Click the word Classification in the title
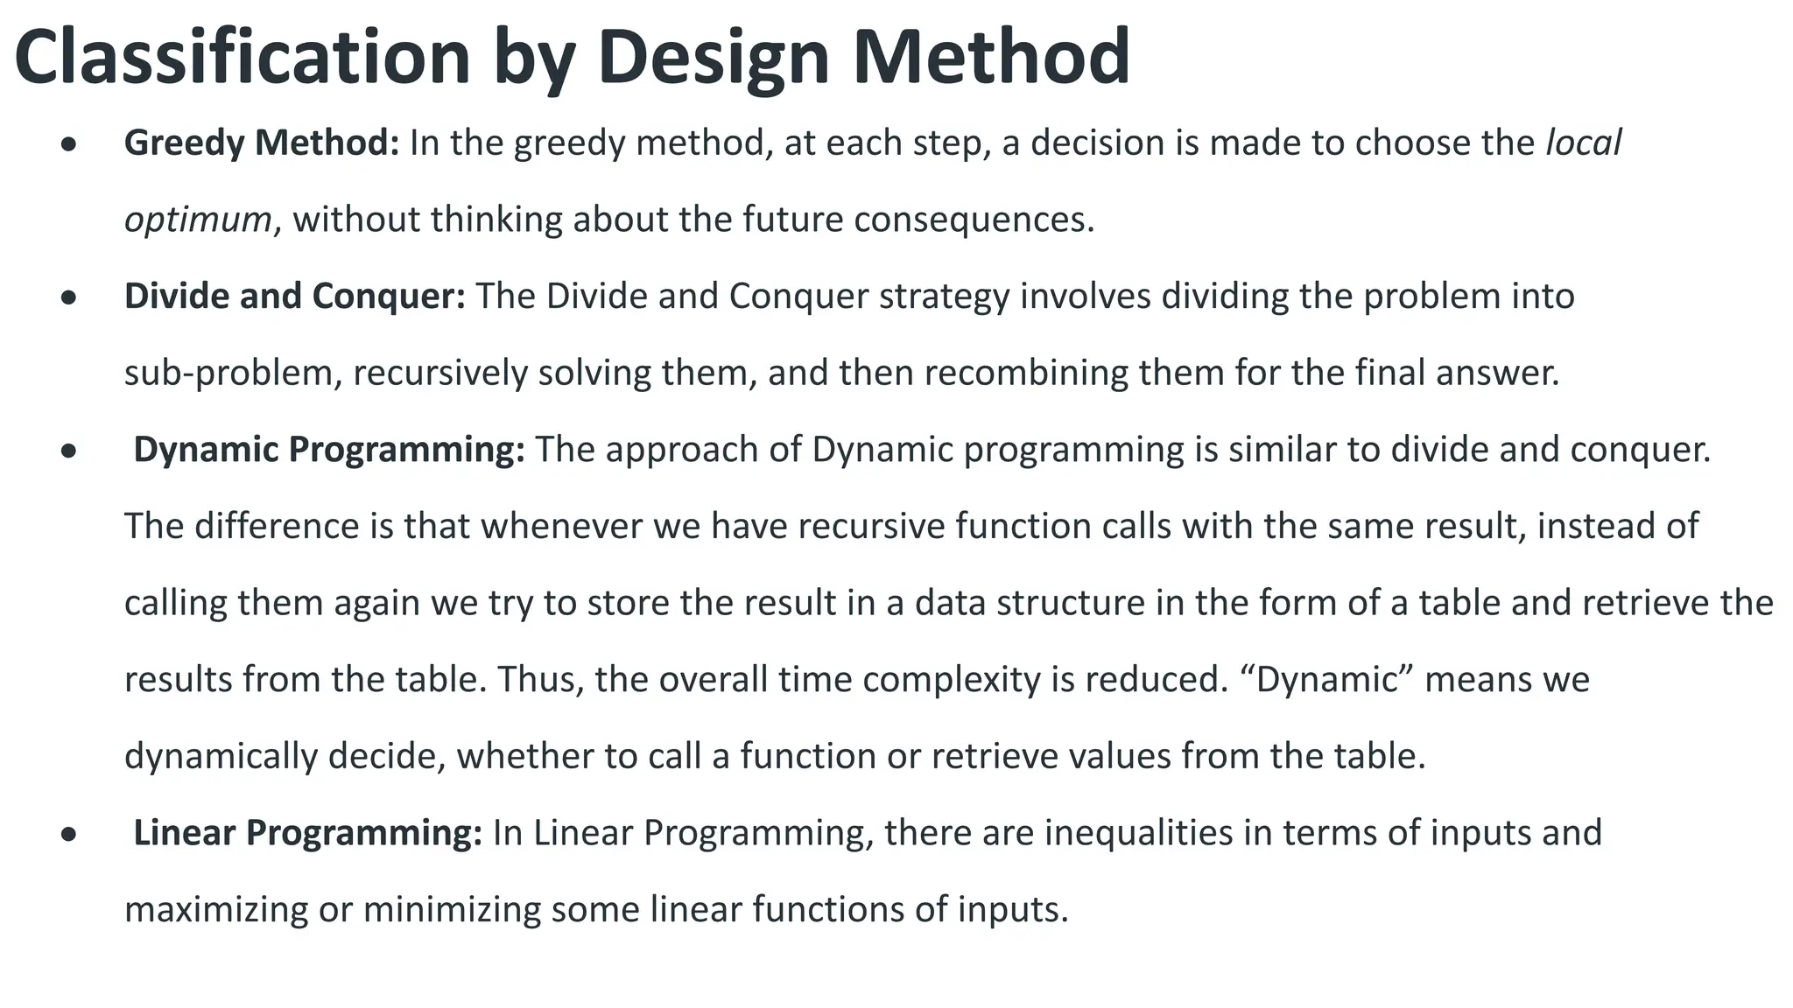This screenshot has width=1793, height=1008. (243, 57)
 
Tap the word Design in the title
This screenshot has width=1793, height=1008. (713, 57)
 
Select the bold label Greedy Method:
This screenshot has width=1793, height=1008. (261, 143)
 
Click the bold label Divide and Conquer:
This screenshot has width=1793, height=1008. (294, 297)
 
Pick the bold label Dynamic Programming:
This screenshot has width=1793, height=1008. (328, 450)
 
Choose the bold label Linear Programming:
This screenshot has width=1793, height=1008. (306, 833)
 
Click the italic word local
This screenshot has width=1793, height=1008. (1583, 143)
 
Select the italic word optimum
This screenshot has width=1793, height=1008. (198, 220)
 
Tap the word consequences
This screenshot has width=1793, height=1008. (973, 220)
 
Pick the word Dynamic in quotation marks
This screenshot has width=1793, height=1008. (1327, 680)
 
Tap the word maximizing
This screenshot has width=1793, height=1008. (216, 910)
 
